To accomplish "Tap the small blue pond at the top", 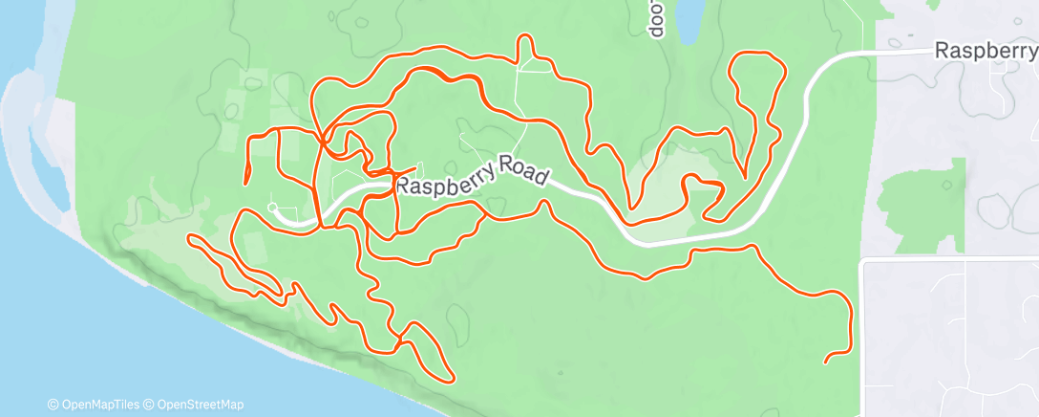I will [687, 19].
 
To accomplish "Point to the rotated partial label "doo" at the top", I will [656, 19].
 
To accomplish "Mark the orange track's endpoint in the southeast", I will [826, 361].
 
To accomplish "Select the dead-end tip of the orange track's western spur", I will [247, 180].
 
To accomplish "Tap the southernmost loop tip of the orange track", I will [448, 378].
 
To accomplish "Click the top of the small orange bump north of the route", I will [523, 37].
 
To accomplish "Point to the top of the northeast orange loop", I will [756, 55].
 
